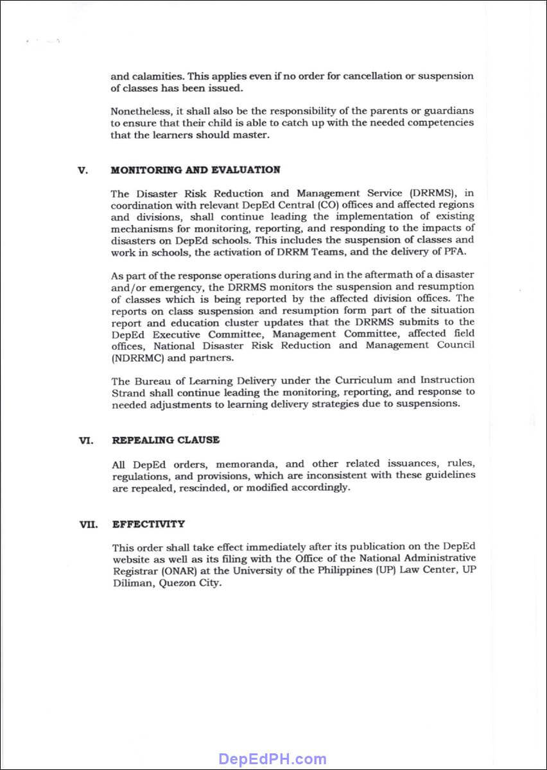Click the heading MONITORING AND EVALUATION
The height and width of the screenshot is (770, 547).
coord(195,170)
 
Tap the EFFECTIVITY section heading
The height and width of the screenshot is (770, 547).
coord(148,524)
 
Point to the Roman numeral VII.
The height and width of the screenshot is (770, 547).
coord(88,524)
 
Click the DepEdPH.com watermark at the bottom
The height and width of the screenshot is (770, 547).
coord(273,759)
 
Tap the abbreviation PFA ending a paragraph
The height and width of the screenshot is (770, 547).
coord(455,252)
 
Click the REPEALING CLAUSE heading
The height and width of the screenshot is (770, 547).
coord(166,440)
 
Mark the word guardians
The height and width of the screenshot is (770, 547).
coord(449,111)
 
